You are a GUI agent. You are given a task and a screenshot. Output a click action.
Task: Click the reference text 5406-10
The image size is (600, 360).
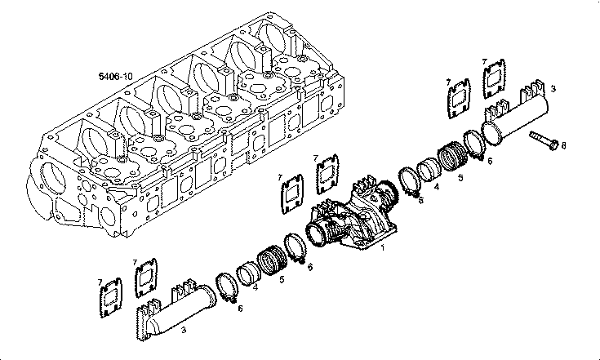point(116,76)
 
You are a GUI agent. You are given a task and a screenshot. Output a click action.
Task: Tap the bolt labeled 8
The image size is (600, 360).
point(544,140)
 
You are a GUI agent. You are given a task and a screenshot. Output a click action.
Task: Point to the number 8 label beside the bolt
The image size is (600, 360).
point(563,145)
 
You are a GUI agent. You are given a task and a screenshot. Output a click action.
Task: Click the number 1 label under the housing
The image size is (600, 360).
point(382,247)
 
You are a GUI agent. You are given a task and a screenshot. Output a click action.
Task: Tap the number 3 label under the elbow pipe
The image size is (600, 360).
point(184,330)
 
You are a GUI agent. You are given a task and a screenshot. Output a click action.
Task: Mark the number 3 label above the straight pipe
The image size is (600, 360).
point(553,89)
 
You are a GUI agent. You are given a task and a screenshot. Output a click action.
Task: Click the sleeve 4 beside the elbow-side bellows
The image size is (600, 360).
point(248,273)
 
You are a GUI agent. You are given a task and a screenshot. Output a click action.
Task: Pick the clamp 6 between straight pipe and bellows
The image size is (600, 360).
point(473,145)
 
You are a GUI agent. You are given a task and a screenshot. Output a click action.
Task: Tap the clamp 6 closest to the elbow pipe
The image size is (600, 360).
point(227,290)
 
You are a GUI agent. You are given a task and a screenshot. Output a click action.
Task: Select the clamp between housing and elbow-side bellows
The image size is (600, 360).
point(296,247)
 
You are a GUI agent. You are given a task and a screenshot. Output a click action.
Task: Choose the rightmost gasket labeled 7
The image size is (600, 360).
point(495,79)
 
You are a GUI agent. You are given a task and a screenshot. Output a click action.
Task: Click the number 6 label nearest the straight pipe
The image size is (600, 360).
point(490,161)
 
